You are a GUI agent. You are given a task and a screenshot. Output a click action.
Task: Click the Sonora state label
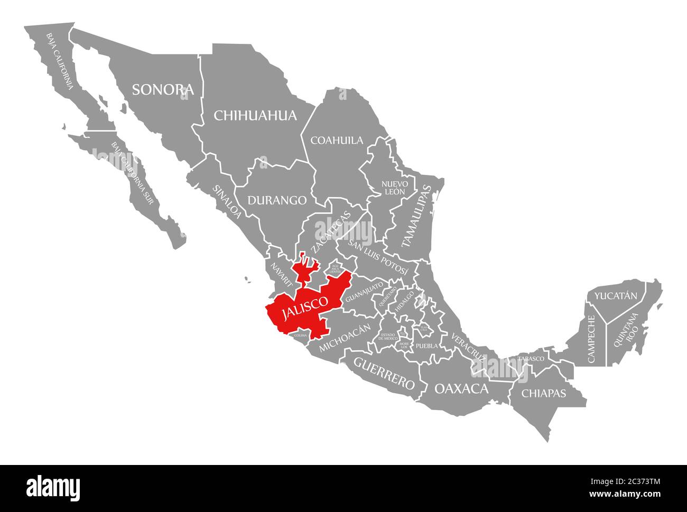[163, 89]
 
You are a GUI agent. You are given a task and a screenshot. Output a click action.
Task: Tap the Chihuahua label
[255, 115]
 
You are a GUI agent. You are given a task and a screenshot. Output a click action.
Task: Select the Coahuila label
[337, 140]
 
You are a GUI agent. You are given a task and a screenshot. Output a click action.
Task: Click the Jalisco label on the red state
[304, 308]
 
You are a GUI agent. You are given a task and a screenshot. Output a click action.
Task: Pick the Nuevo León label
[395, 188]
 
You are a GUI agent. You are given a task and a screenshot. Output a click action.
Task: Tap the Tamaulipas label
[416, 217]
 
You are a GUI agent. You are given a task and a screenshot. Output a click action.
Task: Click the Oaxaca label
[461, 389]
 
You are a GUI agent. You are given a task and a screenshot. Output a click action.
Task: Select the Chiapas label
[543, 393]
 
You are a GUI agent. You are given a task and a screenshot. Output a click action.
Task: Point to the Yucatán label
[616, 296]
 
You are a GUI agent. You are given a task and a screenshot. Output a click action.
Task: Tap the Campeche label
[591, 339]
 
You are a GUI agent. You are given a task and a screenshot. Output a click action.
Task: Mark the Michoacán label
[346, 337]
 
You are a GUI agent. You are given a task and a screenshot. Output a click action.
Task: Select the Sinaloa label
[228, 201]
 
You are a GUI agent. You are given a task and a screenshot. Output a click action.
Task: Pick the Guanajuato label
[364, 292]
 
